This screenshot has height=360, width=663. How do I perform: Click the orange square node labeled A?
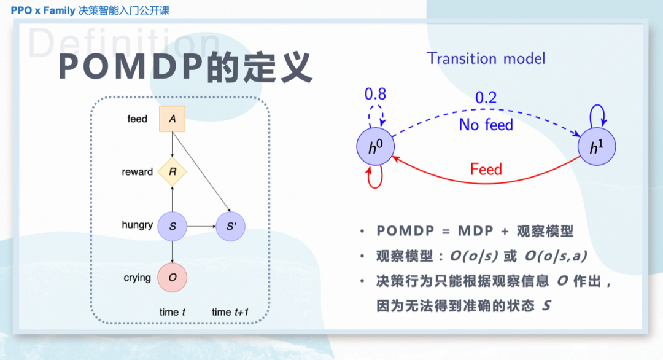click(x=173, y=119)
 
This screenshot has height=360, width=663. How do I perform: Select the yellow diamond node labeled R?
click(x=173, y=172)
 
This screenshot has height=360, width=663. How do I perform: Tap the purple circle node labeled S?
click(x=173, y=227)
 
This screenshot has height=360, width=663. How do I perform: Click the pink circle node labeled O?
click(x=173, y=278)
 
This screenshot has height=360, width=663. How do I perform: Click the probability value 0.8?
click(x=376, y=94)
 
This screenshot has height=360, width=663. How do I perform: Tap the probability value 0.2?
click(x=486, y=98)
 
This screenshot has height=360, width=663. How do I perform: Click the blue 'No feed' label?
click(x=486, y=125)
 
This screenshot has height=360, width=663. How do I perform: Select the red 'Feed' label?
click(x=486, y=169)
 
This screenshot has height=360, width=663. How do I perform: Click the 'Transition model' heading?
click(x=486, y=58)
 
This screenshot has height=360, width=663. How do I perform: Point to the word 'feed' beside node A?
click(x=137, y=119)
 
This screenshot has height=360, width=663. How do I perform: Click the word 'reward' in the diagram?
click(x=137, y=172)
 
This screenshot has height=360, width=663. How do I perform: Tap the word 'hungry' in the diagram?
click(x=137, y=225)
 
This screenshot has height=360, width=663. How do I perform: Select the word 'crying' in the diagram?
click(x=137, y=278)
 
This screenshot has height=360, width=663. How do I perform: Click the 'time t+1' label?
click(x=230, y=312)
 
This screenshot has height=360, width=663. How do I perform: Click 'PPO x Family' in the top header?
click(x=42, y=10)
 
